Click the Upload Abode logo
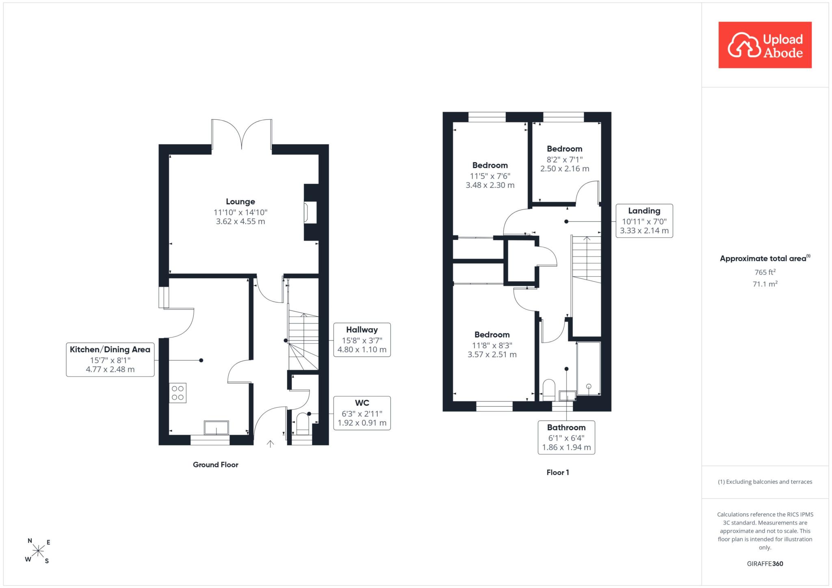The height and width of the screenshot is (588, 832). [765, 45]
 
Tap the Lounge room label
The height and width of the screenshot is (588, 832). [240, 202]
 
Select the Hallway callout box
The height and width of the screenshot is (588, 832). [362, 340]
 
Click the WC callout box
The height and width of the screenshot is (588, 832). [362, 413]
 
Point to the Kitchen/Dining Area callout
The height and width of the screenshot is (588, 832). [110, 360]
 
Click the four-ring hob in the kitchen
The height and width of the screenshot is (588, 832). [178, 393]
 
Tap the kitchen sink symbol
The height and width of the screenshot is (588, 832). [217, 428]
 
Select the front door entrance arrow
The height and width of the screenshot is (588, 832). [270, 444]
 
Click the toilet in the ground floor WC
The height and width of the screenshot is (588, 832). [303, 423]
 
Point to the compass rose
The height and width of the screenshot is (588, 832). [38, 551]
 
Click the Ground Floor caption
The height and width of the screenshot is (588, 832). [216, 465]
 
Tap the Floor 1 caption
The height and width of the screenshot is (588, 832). [558, 472]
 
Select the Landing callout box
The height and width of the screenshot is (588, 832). [644, 221]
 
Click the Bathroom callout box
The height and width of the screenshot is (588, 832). [566, 437]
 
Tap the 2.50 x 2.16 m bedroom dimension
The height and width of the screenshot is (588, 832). [565, 169]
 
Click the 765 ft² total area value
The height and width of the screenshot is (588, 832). [765, 272]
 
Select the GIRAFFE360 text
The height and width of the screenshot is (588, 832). [765, 564]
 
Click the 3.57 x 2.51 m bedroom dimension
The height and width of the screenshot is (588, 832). [492, 355]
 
